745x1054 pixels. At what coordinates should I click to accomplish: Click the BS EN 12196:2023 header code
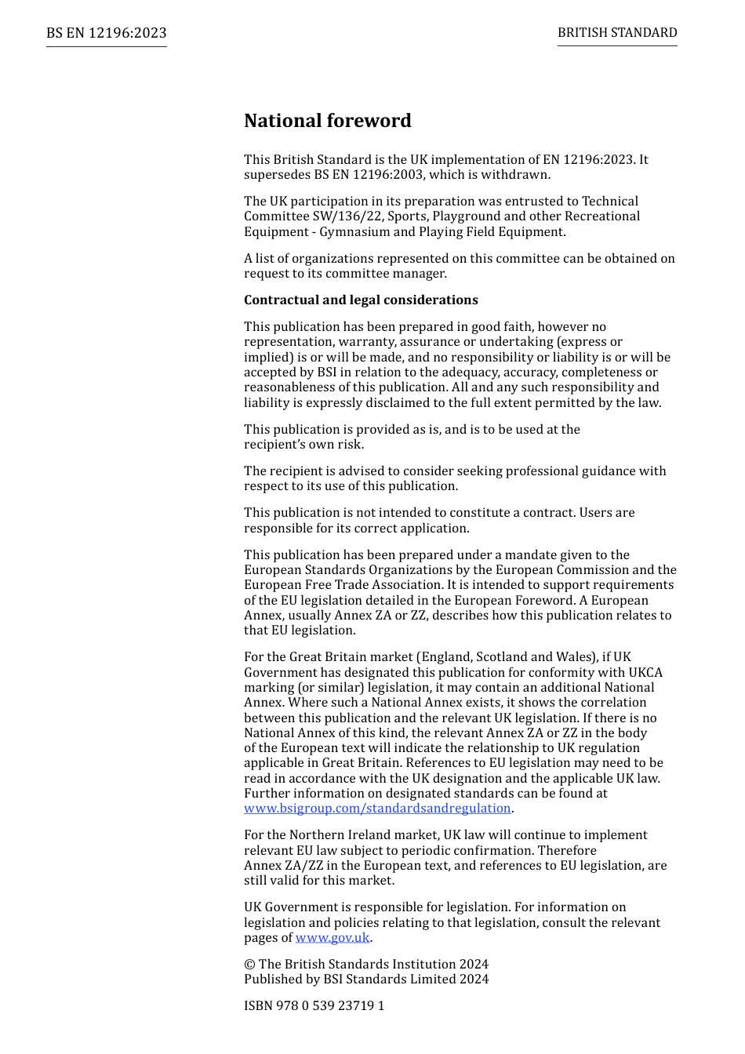[106, 33]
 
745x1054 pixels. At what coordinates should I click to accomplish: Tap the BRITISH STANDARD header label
[617, 33]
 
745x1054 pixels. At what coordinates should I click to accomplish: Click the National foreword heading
[327, 121]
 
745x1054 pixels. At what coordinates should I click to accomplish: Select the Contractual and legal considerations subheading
[361, 300]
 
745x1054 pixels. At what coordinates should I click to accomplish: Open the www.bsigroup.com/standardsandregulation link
[377, 809]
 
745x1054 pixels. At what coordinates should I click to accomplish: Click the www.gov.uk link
[332, 938]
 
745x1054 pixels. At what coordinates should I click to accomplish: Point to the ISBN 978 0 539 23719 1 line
[314, 1006]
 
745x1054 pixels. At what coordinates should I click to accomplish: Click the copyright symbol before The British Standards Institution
[249, 965]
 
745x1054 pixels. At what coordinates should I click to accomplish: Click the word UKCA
[645, 673]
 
